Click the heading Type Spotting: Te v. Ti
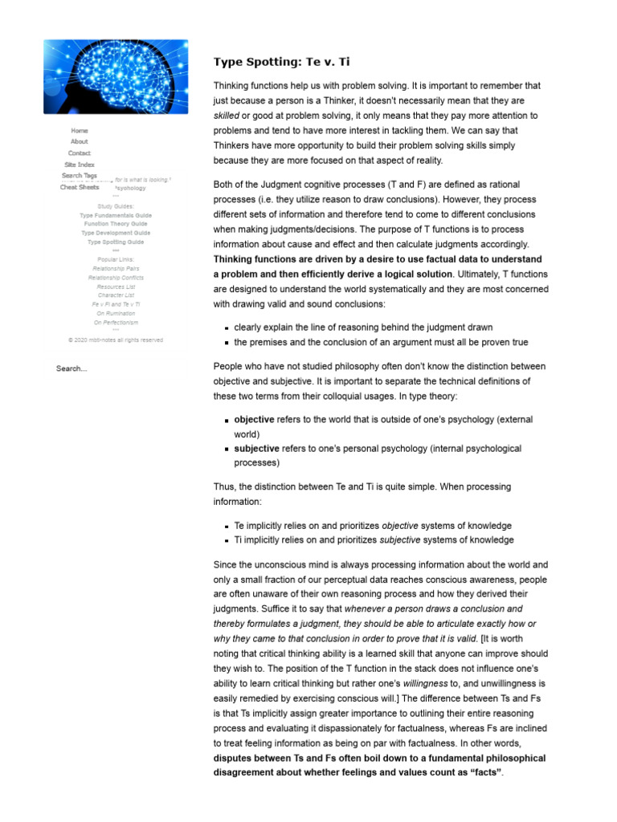coord(281,62)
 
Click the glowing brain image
coord(116,77)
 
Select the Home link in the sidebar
coord(80,130)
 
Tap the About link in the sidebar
coord(80,141)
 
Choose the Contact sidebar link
coord(80,153)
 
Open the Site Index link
coord(80,165)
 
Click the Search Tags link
coord(80,176)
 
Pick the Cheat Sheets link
coord(80,187)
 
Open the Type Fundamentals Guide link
coord(116,215)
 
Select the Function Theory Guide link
coord(116,224)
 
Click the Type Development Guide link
coord(116,233)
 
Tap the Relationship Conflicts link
coord(116,278)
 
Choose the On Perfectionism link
coord(116,323)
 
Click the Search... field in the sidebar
coord(72,368)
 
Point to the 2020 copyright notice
coord(116,340)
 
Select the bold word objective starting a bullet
coord(254,420)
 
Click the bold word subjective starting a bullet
coord(256,449)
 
